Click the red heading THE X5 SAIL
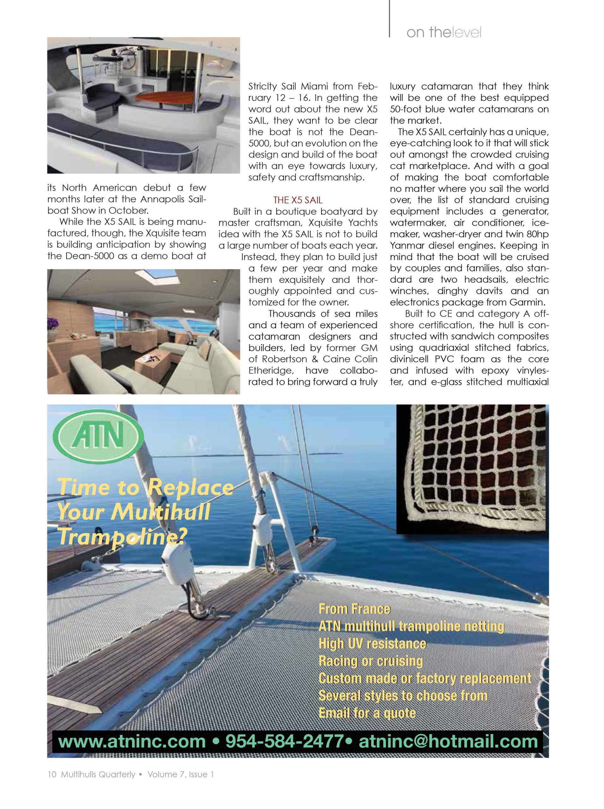(x=298, y=200)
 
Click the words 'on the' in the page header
(x=428, y=33)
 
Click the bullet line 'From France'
(x=354, y=609)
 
